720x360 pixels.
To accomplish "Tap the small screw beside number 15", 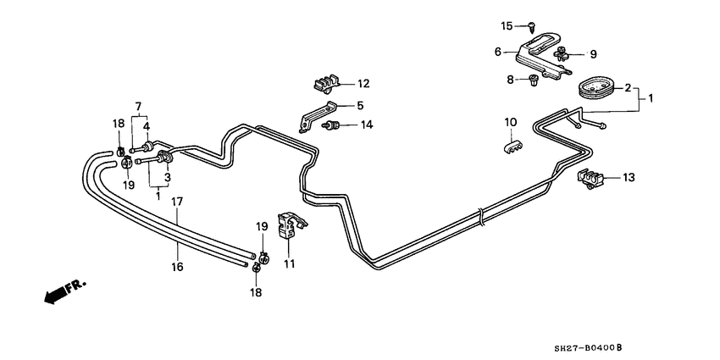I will point(528,26).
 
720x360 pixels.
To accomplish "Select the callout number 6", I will point(499,52).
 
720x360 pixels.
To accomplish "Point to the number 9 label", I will point(593,54).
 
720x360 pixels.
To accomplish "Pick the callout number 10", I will point(511,122).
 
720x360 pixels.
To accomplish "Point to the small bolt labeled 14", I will point(335,127).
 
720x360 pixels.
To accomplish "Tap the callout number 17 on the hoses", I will point(178,202).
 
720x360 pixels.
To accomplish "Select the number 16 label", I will point(178,267).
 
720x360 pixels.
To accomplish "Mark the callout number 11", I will point(289,264).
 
